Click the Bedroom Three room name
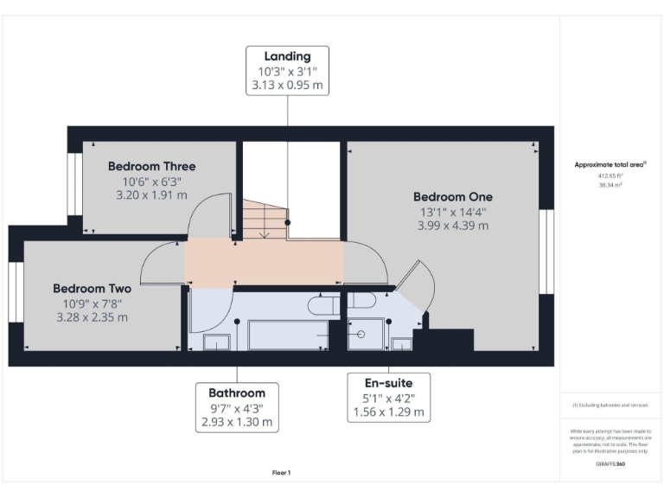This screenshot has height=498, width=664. point(151,166)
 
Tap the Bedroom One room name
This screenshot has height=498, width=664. point(452,196)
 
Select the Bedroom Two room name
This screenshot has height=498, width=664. point(92,289)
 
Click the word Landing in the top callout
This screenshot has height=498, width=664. point(287,57)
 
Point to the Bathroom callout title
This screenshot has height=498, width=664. point(236,393)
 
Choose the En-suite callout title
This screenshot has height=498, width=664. point(388,383)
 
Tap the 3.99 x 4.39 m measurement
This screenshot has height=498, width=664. point(452,226)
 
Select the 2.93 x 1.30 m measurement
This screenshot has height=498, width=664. point(236,422)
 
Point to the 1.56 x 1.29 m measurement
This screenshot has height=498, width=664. point(388,412)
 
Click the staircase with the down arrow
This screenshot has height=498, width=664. point(263,220)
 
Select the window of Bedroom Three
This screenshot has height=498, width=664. point(74,183)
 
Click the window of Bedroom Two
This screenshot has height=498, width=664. point(16,292)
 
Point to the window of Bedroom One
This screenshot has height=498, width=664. point(545,251)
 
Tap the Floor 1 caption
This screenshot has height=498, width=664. point(282,473)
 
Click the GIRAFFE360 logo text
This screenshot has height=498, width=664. point(610,464)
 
